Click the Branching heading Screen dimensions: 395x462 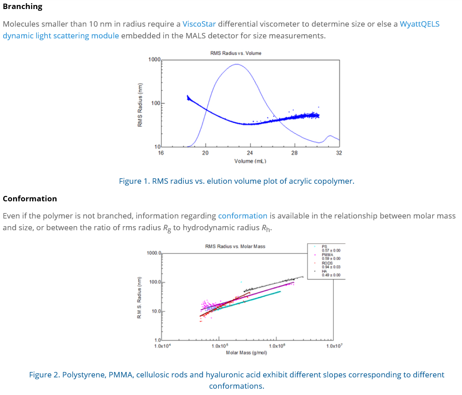(x=23, y=6)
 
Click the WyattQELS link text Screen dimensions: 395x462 (x=420, y=24)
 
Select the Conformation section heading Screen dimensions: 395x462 (x=30, y=199)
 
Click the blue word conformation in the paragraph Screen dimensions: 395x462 (x=243, y=216)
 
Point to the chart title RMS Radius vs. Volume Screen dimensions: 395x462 (x=236, y=53)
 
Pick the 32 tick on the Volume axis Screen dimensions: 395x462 (x=339, y=153)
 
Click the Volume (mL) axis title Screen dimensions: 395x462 (x=250, y=161)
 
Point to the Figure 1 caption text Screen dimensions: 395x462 (x=236, y=181)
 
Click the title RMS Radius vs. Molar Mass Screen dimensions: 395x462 (x=235, y=246)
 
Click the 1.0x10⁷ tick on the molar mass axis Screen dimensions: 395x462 (x=334, y=346)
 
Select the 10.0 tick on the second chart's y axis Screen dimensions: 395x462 (x=156, y=311)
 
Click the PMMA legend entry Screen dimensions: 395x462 (x=327, y=255)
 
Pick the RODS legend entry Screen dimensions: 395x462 (x=327, y=263)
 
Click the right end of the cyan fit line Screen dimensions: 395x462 (x=280, y=291)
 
